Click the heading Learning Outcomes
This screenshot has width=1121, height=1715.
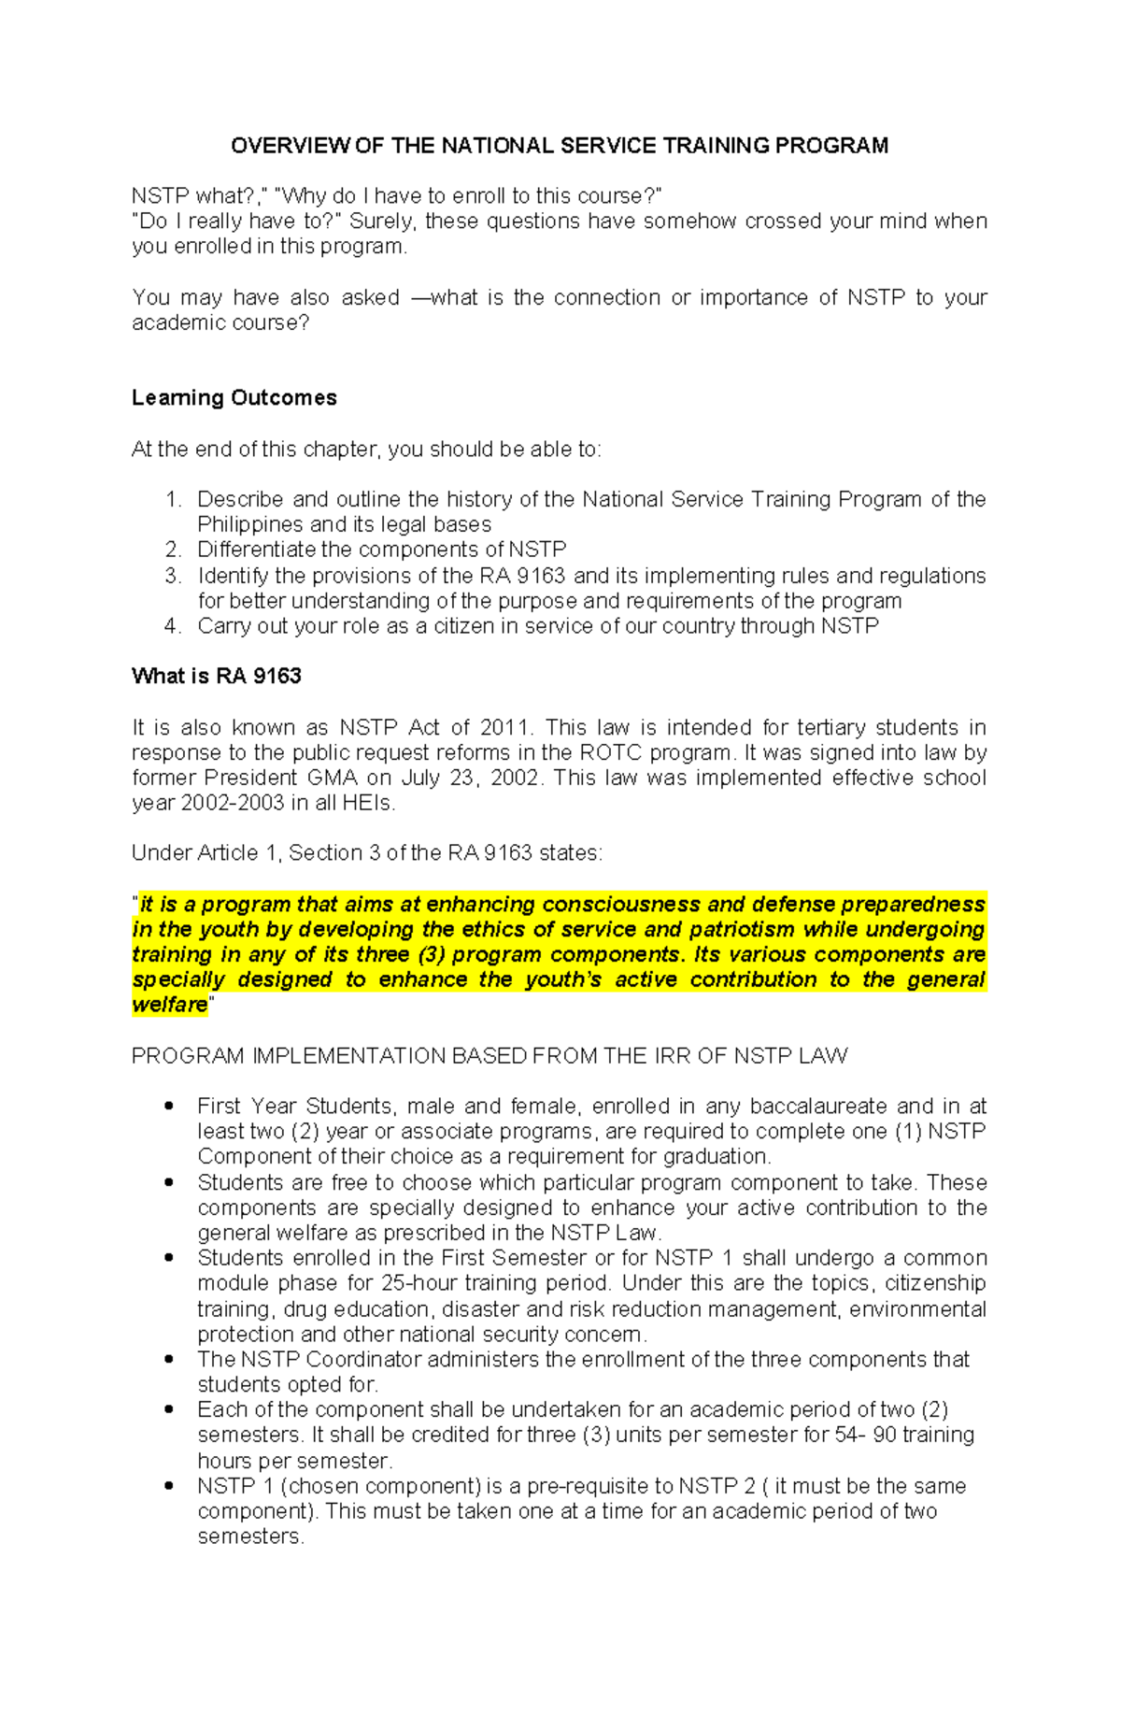tap(234, 398)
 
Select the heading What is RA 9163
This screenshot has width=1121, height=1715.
tap(216, 677)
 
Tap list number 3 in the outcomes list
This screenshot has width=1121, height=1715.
tap(172, 576)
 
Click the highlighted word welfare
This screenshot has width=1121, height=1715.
tap(169, 1006)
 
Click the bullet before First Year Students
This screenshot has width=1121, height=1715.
tap(169, 1107)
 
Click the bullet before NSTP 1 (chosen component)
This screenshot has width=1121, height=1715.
tap(169, 1486)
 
